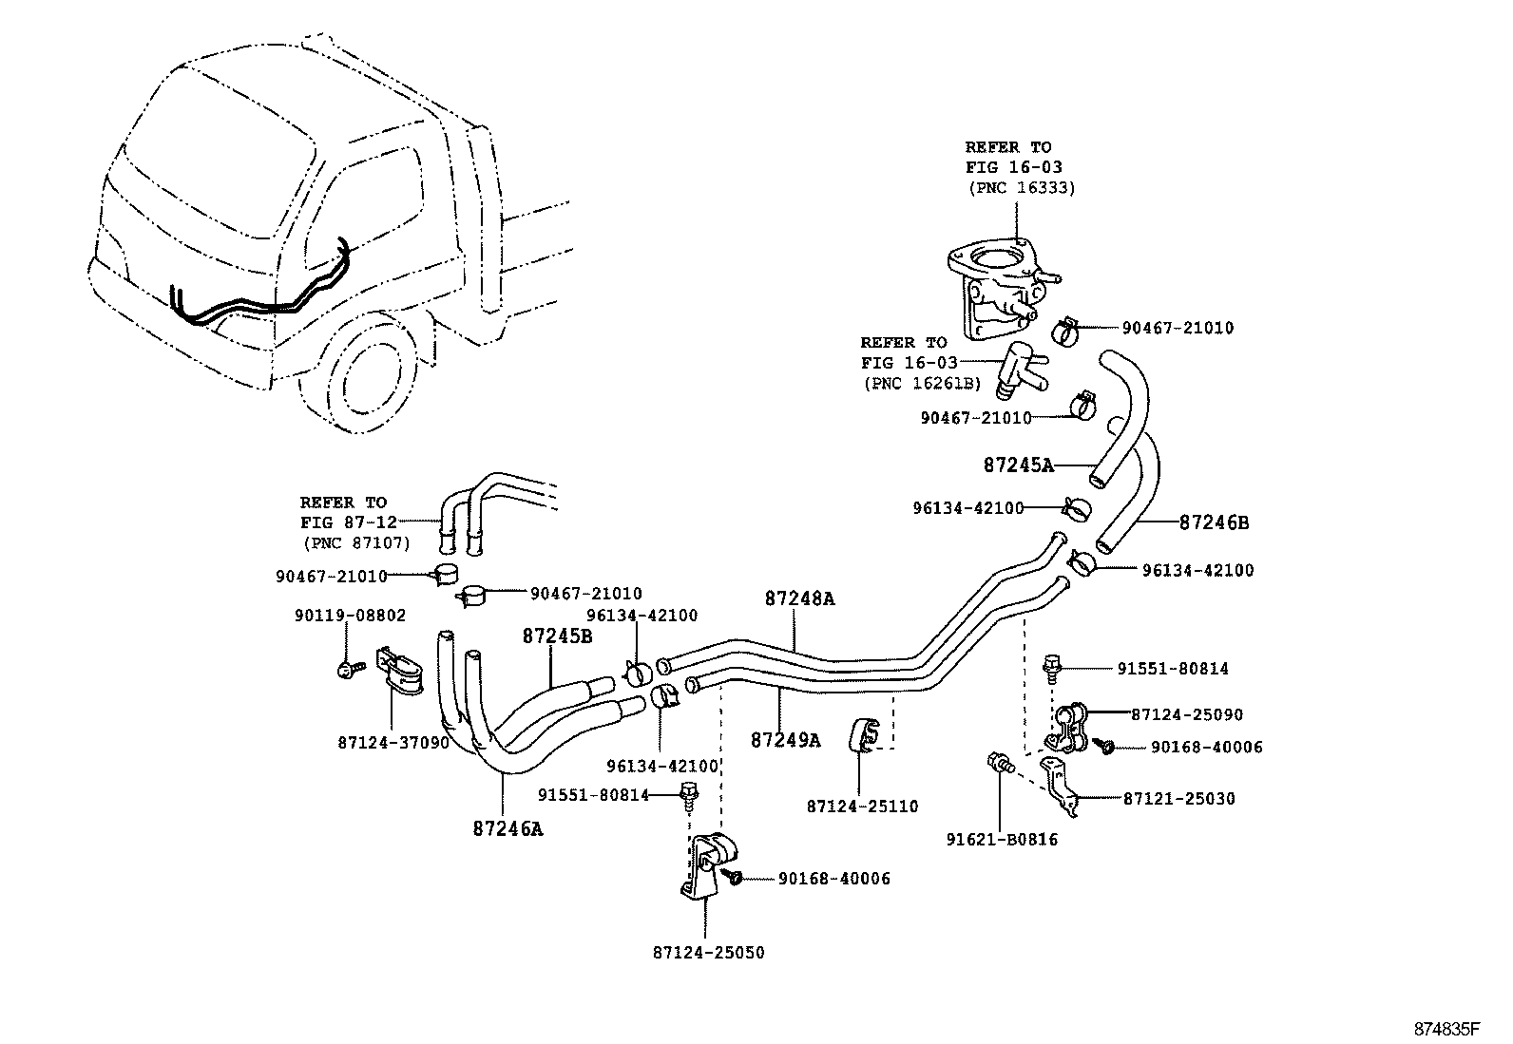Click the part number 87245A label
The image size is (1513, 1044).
1018,465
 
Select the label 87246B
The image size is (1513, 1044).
1214,522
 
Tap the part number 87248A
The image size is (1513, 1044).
799,598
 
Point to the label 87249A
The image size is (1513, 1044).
785,740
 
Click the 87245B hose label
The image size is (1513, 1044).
556,636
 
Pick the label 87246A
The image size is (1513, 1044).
508,828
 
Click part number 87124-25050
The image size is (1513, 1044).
708,952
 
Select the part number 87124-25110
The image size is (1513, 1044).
862,807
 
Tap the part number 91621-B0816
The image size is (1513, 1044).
1002,840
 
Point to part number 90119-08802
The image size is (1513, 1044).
350,616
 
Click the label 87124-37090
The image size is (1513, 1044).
393,743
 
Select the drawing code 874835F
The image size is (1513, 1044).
1446,1029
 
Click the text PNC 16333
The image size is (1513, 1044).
1022,188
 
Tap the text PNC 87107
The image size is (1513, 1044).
356,543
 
